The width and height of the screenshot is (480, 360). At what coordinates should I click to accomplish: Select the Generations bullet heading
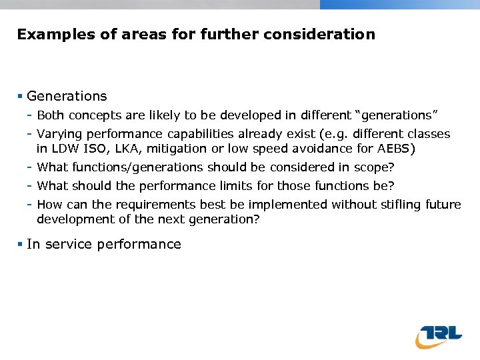67,96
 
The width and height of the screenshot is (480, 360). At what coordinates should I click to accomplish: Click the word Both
50,115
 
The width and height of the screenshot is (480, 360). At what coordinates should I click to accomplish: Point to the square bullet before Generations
21,97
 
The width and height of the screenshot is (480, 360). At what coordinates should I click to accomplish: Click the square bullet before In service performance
21,245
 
